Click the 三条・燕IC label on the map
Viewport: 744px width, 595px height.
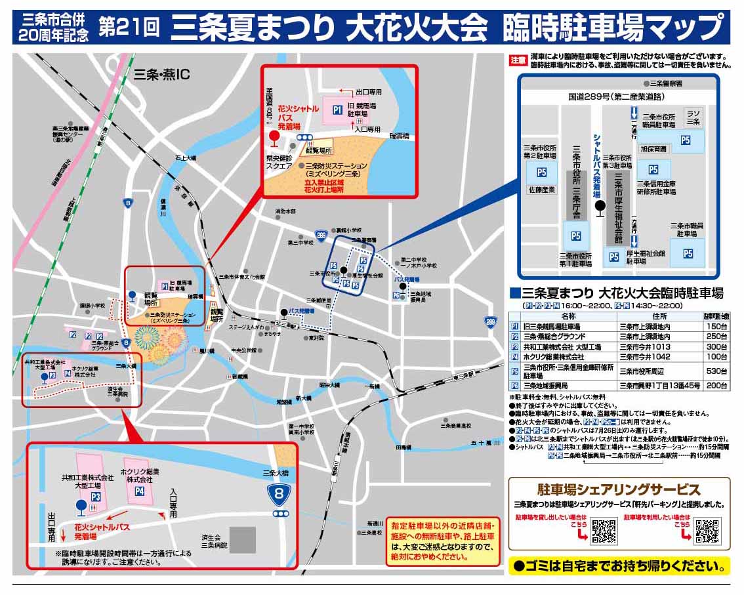161,74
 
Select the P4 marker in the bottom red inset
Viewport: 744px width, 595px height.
139,491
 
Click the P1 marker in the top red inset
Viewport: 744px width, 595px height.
337,110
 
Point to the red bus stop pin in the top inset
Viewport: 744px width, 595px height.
275,138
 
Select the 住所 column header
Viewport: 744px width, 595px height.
656,316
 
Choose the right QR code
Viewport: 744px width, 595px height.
707,531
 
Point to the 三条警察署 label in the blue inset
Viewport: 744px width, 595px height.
663,84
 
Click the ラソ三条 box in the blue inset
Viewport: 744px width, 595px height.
693,117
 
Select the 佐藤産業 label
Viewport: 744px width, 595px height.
542,190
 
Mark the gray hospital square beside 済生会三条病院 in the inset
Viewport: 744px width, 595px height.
243,539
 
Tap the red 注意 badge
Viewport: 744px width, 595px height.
518,60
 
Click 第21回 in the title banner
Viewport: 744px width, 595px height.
129,28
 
